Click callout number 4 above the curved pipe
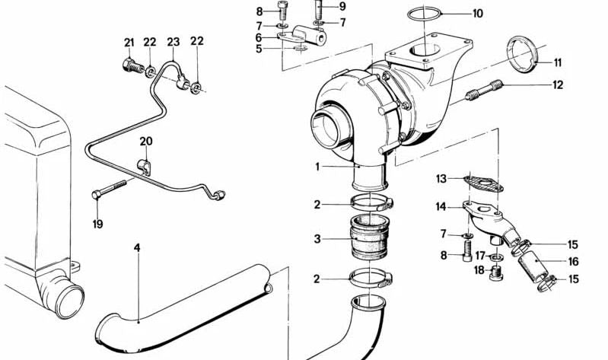pos(137,247)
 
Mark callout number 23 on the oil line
pos(173,42)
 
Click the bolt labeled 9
pos(320,14)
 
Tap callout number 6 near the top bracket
pos(259,37)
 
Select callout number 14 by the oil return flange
pos(441,206)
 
